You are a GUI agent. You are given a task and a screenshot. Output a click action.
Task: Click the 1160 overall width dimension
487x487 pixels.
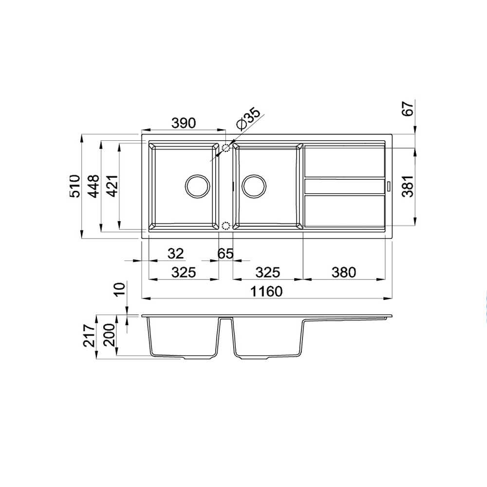[266, 291]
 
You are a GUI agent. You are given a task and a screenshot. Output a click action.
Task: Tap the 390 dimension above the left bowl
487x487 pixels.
[184, 123]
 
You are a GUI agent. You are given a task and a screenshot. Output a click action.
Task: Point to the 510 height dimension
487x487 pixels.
[75, 186]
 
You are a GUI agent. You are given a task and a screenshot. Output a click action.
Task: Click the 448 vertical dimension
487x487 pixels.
[94, 186]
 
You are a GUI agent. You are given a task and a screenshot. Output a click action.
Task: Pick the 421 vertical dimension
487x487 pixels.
[112, 186]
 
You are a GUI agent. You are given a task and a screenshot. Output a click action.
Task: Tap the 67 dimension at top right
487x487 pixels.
[408, 108]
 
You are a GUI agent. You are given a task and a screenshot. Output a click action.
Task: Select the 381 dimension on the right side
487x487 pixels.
[408, 186]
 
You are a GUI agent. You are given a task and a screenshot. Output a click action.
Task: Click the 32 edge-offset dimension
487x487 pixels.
[176, 253]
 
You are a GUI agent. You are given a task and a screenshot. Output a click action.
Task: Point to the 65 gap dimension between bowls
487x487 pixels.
[225, 253]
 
